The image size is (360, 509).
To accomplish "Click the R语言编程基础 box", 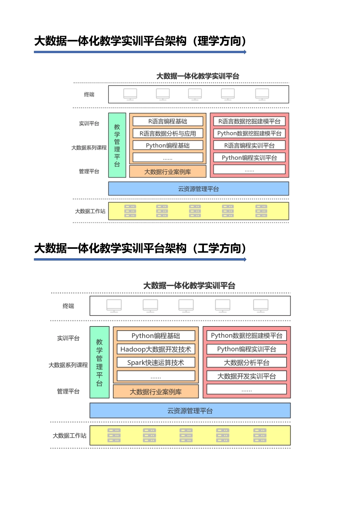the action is click(x=168, y=121).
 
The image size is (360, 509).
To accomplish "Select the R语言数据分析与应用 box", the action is click(x=168, y=133).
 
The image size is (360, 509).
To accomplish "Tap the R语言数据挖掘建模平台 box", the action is click(x=249, y=121).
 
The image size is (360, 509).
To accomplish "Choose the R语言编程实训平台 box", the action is click(x=249, y=145).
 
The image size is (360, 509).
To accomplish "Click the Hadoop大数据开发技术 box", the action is click(x=156, y=349).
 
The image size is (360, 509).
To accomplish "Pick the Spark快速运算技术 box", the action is click(x=156, y=362).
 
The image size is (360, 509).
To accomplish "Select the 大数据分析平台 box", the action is click(x=247, y=362).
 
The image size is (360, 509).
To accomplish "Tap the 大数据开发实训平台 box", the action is click(x=247, y=376).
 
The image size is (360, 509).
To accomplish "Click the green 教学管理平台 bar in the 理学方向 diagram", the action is click(x=117, y=145).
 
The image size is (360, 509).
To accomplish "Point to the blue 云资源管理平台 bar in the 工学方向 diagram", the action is click(x=190, y=411).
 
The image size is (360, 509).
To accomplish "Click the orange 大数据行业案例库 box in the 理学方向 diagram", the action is click(x=168, y=172).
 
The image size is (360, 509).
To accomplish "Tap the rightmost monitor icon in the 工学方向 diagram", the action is click(x=261, y=306).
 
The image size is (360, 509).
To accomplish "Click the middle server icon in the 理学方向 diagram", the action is click(x=195, y=211).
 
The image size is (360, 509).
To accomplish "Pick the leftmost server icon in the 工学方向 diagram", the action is click(x=114, y=436).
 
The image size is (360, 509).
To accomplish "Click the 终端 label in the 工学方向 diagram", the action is click(x=68, y=306).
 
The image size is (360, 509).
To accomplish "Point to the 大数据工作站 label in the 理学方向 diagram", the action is click(x=90, y=211).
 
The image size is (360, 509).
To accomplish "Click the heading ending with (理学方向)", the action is click(x=140, y=41).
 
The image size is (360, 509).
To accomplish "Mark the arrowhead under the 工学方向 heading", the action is click(x=245, y=259).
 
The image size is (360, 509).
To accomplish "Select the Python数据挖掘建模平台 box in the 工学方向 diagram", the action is click(x=247, y=336).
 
